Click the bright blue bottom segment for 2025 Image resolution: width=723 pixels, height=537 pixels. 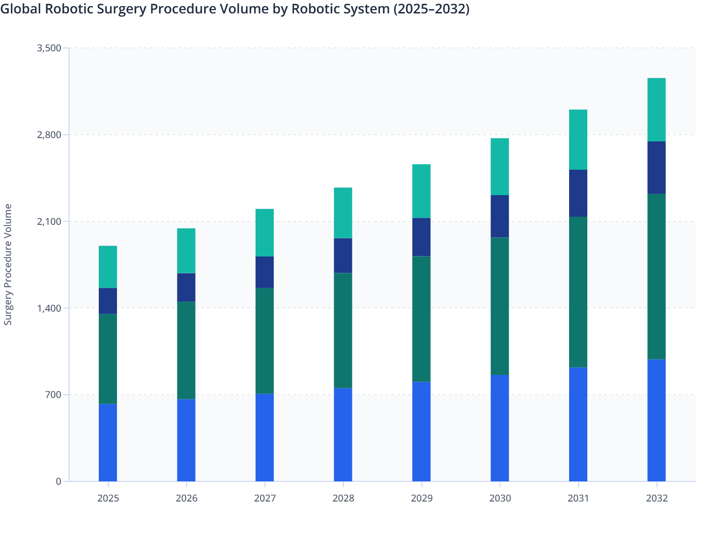(108, 442)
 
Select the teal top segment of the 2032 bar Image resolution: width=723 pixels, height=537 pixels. (656, 110)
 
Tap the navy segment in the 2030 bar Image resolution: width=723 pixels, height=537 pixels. (500, 216)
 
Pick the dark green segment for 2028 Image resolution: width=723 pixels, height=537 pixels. (343, 330)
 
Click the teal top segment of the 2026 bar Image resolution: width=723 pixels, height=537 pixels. (186, 251)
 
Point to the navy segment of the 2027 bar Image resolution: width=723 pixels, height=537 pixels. (265, 272)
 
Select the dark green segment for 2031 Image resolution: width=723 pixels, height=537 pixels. (578, 292)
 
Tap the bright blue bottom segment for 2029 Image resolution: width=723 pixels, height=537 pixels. (421, 432)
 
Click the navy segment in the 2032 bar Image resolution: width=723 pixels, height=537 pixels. (656, 168)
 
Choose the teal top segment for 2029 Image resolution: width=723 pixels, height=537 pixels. (421, 191)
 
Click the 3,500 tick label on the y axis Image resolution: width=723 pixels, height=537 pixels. (49, 48)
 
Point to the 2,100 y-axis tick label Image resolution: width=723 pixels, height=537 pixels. (49, 222)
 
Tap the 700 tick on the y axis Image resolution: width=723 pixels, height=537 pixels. (54, 395)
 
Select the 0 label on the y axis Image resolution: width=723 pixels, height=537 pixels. (58, 481)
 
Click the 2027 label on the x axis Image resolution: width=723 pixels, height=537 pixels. (265, 498)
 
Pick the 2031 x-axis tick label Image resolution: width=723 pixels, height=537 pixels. (578, 498)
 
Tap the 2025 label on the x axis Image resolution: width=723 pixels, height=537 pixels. (108, 498)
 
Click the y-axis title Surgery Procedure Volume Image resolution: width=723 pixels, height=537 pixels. (8, 264)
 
